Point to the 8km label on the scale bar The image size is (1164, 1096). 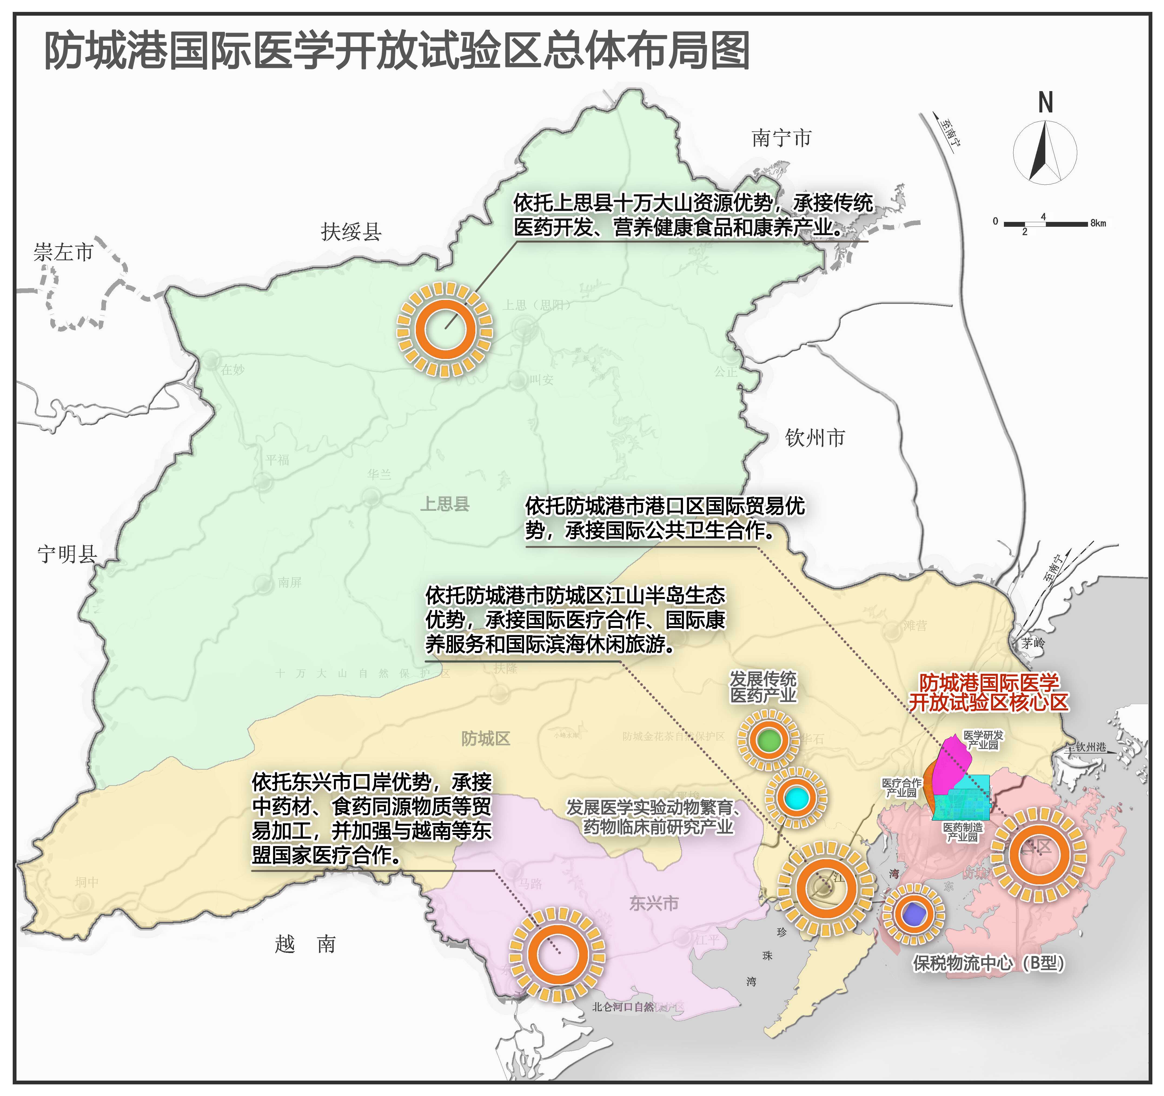pos(1098,223)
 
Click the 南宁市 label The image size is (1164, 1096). pos(782,138)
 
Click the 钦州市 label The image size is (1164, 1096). pos(815,438)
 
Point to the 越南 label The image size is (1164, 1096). pos(305,944)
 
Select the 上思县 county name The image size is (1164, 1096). pos(445,504)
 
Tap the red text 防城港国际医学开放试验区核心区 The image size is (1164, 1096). pos(989,693)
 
